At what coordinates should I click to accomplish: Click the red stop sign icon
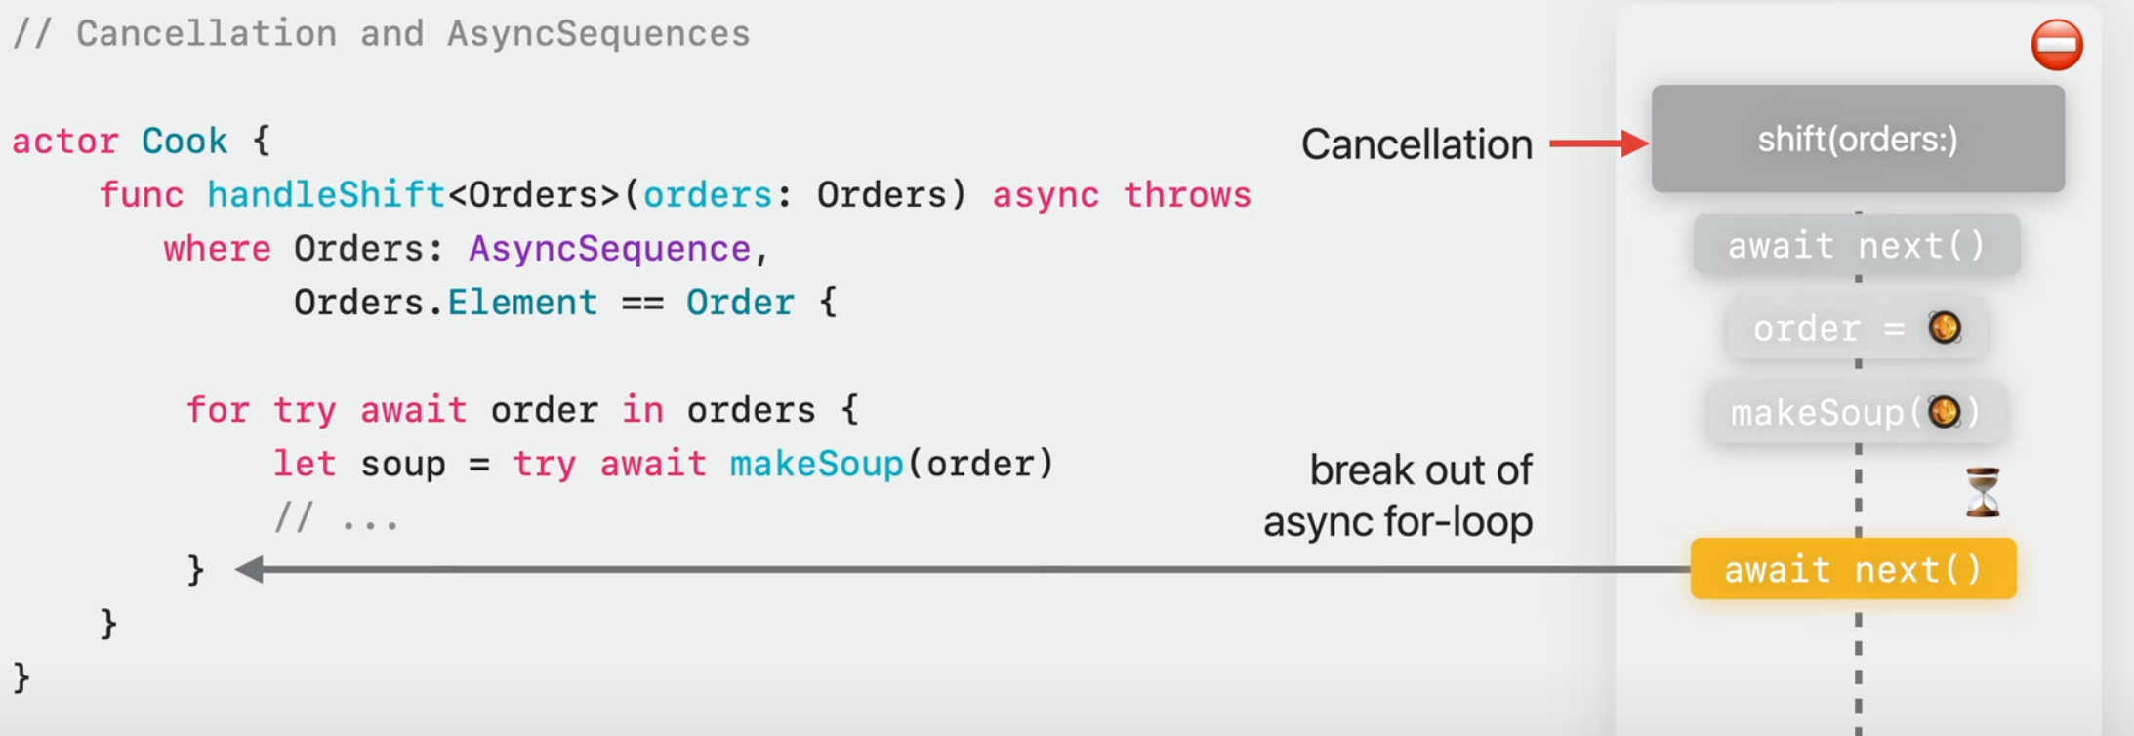pos(2057,45)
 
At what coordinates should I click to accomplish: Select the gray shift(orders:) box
pos(1857,139)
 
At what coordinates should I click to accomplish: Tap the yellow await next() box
pos(1853,569)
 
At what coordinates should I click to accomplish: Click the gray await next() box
pos(1856,245)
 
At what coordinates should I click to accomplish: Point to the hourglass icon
pos(1983,492)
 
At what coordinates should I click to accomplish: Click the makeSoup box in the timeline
pos(1855,413)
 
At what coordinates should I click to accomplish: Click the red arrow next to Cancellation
pos(1597,143)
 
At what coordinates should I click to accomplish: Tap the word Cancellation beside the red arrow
pos(1416,144)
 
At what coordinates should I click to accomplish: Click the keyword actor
pos(64,142)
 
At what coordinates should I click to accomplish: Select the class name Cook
pos(184,142)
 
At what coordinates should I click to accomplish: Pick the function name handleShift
pos(326,195)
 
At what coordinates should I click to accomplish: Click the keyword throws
pos(1186,195)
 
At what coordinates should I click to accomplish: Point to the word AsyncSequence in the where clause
pos(609,249)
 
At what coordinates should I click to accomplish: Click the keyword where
pos(217,249)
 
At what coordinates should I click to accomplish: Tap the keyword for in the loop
pos(217,410)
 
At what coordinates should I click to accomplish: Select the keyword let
pos(304,464)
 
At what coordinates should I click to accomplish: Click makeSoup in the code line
pos(816,464)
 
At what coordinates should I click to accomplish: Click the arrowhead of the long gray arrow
pos(250,569)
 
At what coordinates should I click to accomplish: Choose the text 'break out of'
pos(1420,470)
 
